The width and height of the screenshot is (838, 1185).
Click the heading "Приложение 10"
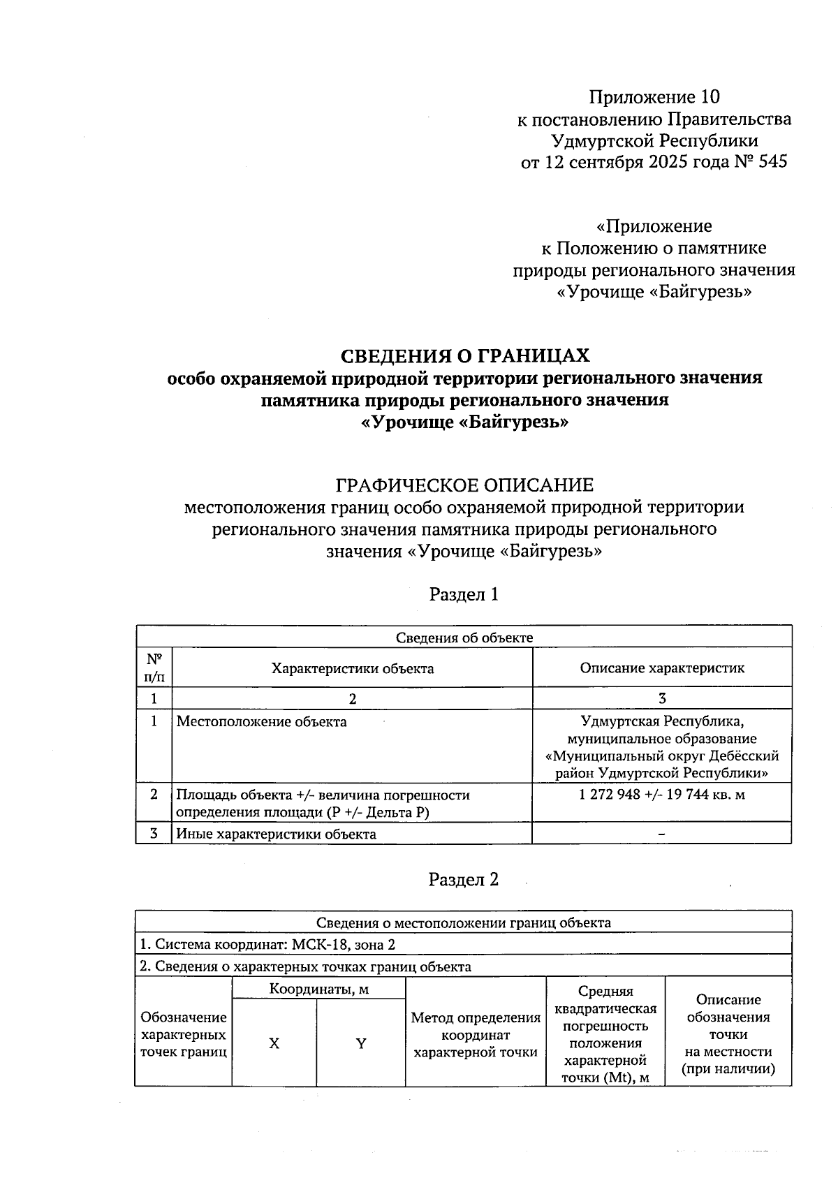654,96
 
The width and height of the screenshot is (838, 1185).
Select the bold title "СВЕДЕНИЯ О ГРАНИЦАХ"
464,356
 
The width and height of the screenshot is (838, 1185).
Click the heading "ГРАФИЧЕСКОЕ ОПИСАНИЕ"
464,485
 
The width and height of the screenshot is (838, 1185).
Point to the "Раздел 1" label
464,594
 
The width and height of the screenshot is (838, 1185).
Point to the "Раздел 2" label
464,879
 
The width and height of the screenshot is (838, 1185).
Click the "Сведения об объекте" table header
464,637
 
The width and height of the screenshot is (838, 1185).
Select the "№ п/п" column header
154,668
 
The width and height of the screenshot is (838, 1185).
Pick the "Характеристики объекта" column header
353,668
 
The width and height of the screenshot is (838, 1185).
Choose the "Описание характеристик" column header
662,668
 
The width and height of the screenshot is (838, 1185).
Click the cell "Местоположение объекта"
261,722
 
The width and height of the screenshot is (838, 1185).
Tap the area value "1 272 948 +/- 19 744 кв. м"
662,795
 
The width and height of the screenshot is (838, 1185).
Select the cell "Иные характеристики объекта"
276,834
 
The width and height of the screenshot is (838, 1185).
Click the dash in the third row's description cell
661,834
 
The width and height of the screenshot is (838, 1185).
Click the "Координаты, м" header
319,989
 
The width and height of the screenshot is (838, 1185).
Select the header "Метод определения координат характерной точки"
476,1035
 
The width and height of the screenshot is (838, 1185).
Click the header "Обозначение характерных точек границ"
184,1035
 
